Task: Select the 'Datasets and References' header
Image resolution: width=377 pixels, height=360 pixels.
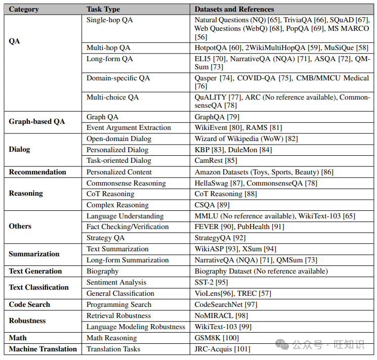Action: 234,9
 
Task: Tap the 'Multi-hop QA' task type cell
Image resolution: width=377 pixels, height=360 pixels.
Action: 108,48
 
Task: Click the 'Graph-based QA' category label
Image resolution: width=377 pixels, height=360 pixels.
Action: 37,121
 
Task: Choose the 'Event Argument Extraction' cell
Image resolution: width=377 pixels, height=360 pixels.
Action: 129,127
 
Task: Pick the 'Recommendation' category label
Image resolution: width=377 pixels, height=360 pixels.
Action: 37,172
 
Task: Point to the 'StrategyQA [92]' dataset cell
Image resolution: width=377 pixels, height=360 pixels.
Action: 221,238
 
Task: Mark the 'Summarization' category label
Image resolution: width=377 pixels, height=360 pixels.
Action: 34,254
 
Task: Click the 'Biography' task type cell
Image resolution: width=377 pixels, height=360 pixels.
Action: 102,271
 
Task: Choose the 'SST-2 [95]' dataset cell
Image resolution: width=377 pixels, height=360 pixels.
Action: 212,282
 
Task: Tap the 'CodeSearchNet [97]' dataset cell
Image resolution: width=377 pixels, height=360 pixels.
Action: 226,304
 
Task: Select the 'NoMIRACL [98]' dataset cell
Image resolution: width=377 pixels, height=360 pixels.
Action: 221,316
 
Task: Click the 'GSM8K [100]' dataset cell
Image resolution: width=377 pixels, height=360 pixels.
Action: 217,338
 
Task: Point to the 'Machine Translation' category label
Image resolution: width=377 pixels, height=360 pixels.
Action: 43,349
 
